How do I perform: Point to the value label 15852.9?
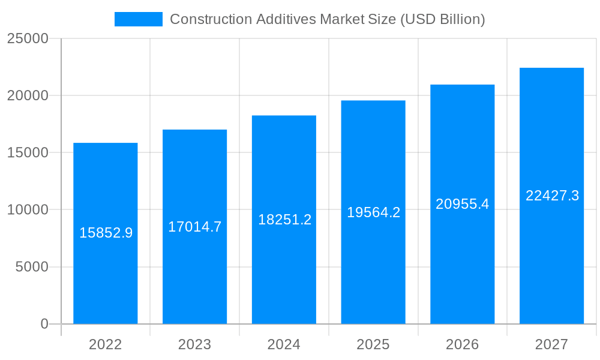(x=106, y=233)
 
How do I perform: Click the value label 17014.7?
(x=194, y=227)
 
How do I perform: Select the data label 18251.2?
(x=284, y=220)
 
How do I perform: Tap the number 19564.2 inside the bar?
(x=373, y=212)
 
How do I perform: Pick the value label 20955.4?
(x=462, y=204)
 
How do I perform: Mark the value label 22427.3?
(x=552, y=196)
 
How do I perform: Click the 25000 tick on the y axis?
(x=28, y=39)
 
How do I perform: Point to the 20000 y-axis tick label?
(x=28, y=96)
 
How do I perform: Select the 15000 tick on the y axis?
(x=28, y=153)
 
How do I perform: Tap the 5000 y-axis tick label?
(x=32, y=267)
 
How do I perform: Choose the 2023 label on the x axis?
(x=194, y=344)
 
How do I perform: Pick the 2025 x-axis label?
(x=373, y=344)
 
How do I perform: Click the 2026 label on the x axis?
(x=462, y=344)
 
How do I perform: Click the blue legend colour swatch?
(x=139, y=19)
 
